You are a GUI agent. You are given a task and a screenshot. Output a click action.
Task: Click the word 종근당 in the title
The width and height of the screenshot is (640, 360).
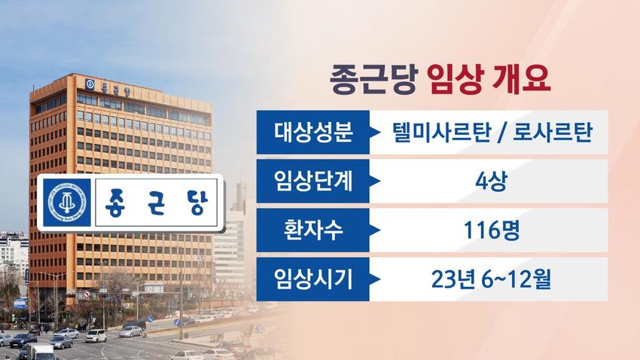click(373, 79)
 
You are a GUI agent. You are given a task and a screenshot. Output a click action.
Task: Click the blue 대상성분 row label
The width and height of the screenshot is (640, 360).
click(313, 133)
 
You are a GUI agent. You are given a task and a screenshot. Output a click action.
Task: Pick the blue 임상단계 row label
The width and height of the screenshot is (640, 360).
click(313, 182)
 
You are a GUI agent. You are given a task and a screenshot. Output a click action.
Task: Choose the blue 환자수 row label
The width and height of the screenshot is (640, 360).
click(313, 230)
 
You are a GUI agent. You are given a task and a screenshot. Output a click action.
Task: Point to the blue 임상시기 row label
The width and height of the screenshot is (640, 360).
click(313, 279)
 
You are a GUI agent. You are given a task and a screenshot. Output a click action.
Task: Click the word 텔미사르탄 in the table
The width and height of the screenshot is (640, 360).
click(440, 133)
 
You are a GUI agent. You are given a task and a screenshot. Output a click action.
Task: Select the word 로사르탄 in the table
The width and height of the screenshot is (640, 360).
click(552, 133)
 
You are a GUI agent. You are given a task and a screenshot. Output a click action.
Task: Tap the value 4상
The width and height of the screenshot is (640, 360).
click(491, 182)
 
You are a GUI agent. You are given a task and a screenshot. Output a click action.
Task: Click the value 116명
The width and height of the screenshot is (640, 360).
click(492, 230)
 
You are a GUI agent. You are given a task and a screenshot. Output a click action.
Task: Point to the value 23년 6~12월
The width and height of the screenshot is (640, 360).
click(491, 279)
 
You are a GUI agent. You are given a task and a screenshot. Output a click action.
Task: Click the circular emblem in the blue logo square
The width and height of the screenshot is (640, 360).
click(67, 203)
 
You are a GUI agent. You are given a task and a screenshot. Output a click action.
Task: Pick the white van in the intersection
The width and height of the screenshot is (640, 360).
click(96, 336)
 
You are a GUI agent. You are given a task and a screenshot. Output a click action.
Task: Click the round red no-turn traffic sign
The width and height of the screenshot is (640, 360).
click(87, 294)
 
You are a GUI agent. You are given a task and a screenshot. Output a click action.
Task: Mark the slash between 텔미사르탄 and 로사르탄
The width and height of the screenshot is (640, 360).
click(501, 133)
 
